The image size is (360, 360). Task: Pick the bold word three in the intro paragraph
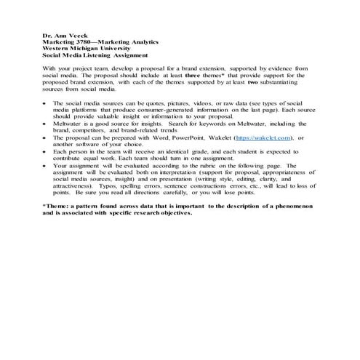(191, 75)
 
